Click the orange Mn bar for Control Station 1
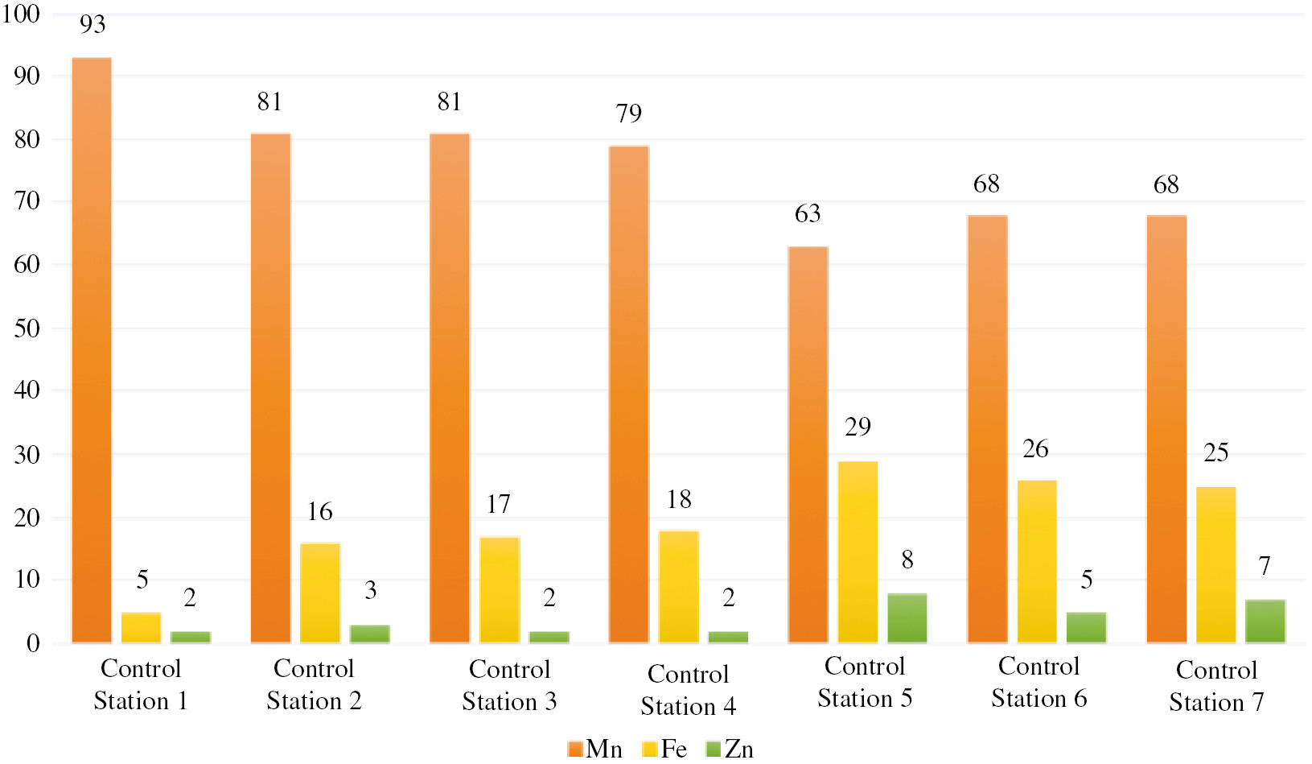92,350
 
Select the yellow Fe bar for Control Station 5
858,552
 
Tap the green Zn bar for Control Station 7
1265,622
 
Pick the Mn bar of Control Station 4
629,394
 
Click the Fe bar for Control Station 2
320,593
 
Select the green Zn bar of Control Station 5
907,618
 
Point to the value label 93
93,24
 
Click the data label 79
629,114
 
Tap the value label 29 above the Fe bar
858,427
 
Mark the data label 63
808,214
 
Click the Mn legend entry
595,749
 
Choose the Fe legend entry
665,749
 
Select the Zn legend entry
730,749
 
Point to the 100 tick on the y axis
21,14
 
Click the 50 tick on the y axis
27,328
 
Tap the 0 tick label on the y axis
33,643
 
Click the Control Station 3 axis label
509,685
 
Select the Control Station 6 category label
1038,682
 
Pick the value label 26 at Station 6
1035,449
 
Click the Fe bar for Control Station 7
1215,564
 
